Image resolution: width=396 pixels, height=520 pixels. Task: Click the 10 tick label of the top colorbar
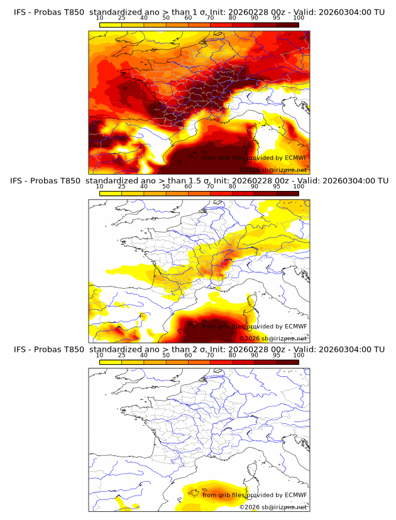point(100,18)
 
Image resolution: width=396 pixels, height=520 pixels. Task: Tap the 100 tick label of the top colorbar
point(299,18)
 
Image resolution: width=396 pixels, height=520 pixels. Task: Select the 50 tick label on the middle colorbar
point(166,186)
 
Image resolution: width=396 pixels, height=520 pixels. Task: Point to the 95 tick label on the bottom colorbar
point(277,355)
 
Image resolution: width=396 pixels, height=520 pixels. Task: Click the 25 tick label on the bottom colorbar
point(121,355)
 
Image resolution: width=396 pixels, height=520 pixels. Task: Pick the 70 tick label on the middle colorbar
point(210,186)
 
